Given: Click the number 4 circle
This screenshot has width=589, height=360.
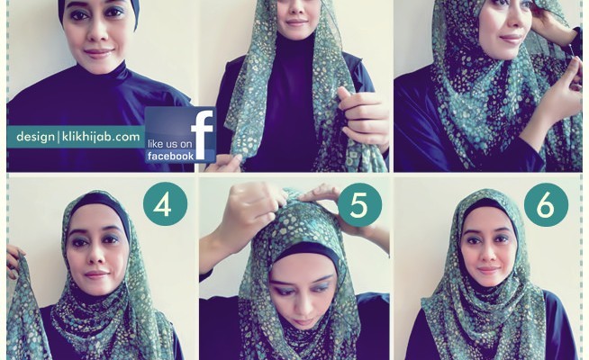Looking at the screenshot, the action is tap(165, 204).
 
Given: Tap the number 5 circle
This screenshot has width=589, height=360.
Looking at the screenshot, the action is tap(359, 205).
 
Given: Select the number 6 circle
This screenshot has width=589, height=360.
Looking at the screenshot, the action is tap(546, 205).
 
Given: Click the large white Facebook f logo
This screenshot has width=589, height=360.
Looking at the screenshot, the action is tap(202, 133).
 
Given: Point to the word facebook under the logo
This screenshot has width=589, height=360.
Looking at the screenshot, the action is tap(170, 157).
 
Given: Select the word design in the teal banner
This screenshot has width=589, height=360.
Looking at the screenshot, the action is tap(35, 137).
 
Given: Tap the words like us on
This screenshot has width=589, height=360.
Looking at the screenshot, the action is tap(170, 144).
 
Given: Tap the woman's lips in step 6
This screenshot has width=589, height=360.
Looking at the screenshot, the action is tap(489, 270).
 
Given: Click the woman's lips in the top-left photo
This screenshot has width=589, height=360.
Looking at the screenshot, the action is tap(98, 52).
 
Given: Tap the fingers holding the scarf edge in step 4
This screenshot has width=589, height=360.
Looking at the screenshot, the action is tap(14, 262).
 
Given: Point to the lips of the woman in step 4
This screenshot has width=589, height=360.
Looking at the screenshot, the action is tap(96, 274).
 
